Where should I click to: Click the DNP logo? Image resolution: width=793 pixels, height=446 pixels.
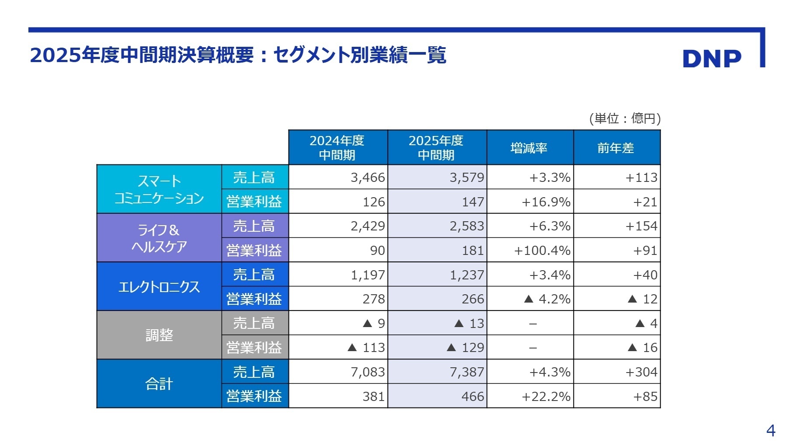pyautogui.click(x=712, y=59)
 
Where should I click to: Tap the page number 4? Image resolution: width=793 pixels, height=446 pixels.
pyautogui.click(x=770, y=431)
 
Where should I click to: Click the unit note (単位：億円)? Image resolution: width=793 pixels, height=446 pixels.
pyautogui.click(x=625, y=118)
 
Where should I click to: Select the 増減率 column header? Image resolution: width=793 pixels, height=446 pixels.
pyautogui.click(x=529, y=148)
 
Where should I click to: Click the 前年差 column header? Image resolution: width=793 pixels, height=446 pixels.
pyautogui.click(x=616, y=148)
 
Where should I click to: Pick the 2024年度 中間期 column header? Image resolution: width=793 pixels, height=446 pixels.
pyautogui.click(x=337, y=147)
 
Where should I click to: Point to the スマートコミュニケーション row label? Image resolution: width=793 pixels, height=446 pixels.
pyautogui.click(x=159, y=189)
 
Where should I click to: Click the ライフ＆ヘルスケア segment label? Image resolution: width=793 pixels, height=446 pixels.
pyautogui.click(x=159, y=238)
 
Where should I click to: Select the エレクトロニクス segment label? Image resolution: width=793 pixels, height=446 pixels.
pyautogui.click(x=159, y=287)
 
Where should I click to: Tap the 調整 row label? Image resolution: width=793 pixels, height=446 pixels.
pyautogui.click(x=159, y=335)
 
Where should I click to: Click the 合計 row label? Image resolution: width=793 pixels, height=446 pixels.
pyautogui.click(x=159, y=384)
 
